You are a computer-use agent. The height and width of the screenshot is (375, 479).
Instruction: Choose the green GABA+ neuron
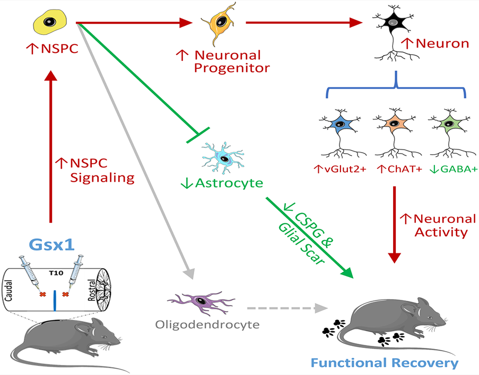tap(450, 126)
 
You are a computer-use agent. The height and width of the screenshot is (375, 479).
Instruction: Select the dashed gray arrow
tap(281, 307)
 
